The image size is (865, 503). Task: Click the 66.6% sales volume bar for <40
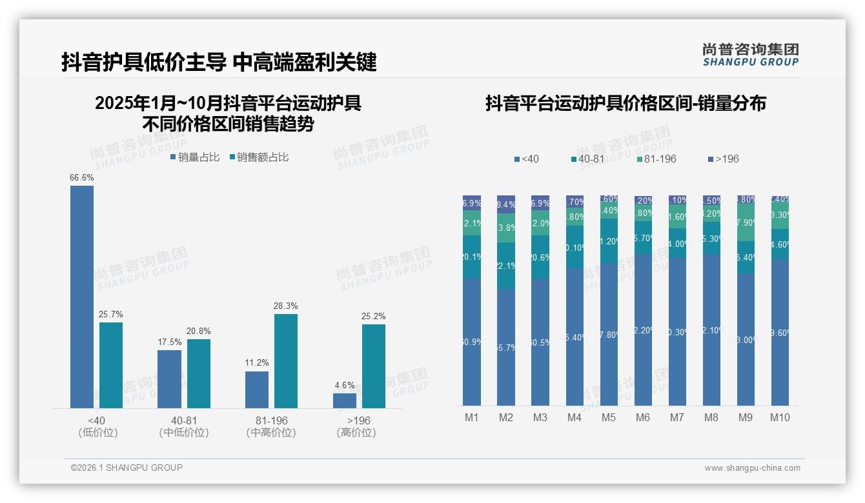(x=82, y=297)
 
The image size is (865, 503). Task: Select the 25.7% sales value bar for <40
(x=111, y=365)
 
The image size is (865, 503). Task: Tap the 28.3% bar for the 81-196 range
(x=286, y=361)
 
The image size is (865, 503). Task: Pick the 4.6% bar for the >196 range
(x=345, y=400)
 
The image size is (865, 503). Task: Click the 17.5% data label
(x=169, y=342)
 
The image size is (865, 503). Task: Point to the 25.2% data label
(x=374, y=317)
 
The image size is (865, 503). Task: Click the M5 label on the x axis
(x=609, y=417)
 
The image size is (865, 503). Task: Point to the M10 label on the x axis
(x=780, y=417)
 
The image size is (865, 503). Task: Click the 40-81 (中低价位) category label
(x=184, y=426)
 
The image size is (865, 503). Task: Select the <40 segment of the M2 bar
(x=506, y=347)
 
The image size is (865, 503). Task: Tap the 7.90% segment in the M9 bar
(x=746, y=222)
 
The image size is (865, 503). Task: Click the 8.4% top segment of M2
(x=506, y=204)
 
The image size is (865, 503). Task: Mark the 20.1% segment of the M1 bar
(x=472, y=257)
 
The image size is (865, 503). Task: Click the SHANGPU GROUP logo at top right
(x=750, y=55)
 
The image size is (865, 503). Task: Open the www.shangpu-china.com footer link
(x=752, y=468)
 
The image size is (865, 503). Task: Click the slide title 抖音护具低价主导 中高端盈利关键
(x=219, y=63)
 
